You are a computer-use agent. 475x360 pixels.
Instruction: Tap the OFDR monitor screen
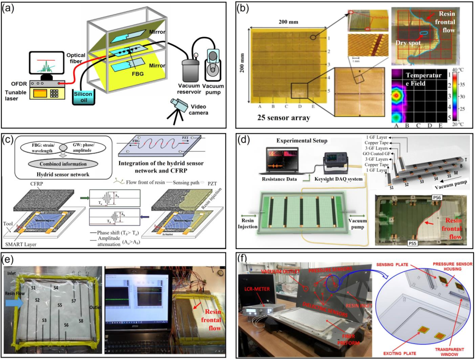[45, 63]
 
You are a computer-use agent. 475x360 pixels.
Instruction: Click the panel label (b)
[247, 8]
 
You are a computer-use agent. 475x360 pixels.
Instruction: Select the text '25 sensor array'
[281, 117]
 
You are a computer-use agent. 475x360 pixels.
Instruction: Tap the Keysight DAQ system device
[336, 165]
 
